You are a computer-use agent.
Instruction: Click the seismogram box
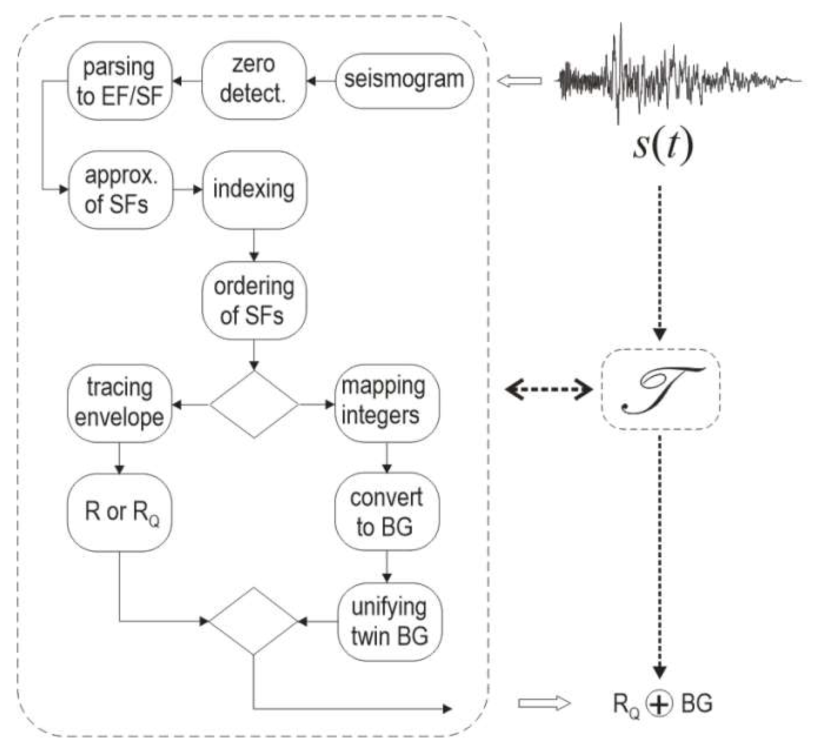pos(404,80)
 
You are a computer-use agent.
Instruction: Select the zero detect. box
pos(253,80)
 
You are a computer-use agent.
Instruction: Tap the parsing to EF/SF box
pos(120,81)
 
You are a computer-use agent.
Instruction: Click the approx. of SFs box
pos(121,190)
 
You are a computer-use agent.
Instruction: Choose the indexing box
pos(254,190)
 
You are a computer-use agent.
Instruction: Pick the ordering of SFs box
pos(254,300)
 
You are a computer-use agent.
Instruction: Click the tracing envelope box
pos(119,404)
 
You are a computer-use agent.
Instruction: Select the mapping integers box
pos(387,403)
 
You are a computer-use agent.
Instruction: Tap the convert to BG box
pos(387,512)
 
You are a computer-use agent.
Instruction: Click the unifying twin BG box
pos(389,622)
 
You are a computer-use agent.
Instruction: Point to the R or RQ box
pos(119,512)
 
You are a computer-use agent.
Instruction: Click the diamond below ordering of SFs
pos(254,404)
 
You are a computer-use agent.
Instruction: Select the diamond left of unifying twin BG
pos(253,621)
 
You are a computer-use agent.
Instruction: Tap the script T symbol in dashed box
pos(660,390)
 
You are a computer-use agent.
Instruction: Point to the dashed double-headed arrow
pos(549,390)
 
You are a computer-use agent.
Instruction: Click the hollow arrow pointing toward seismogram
pos(519,81)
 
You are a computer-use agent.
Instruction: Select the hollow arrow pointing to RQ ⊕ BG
pos(544,704)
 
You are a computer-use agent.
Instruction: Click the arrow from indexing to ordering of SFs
pos(254,245)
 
